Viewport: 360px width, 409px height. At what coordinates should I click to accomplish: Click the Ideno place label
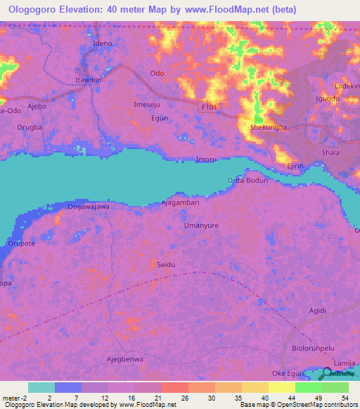pyautogui.click(x=103, y=43)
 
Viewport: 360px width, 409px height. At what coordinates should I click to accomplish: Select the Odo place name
pyautogui.click(x=157, y=74)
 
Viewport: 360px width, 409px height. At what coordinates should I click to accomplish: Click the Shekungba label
pyautogui.click(x=269, y=127)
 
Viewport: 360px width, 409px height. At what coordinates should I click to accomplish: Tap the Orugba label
pyautogui.click(x=30, y=127)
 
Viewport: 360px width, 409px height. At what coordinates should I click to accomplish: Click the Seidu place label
pyautogui.click(x=165, y=264)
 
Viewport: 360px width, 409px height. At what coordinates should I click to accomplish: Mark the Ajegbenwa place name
pyautogui.click(x=124, y=359)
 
